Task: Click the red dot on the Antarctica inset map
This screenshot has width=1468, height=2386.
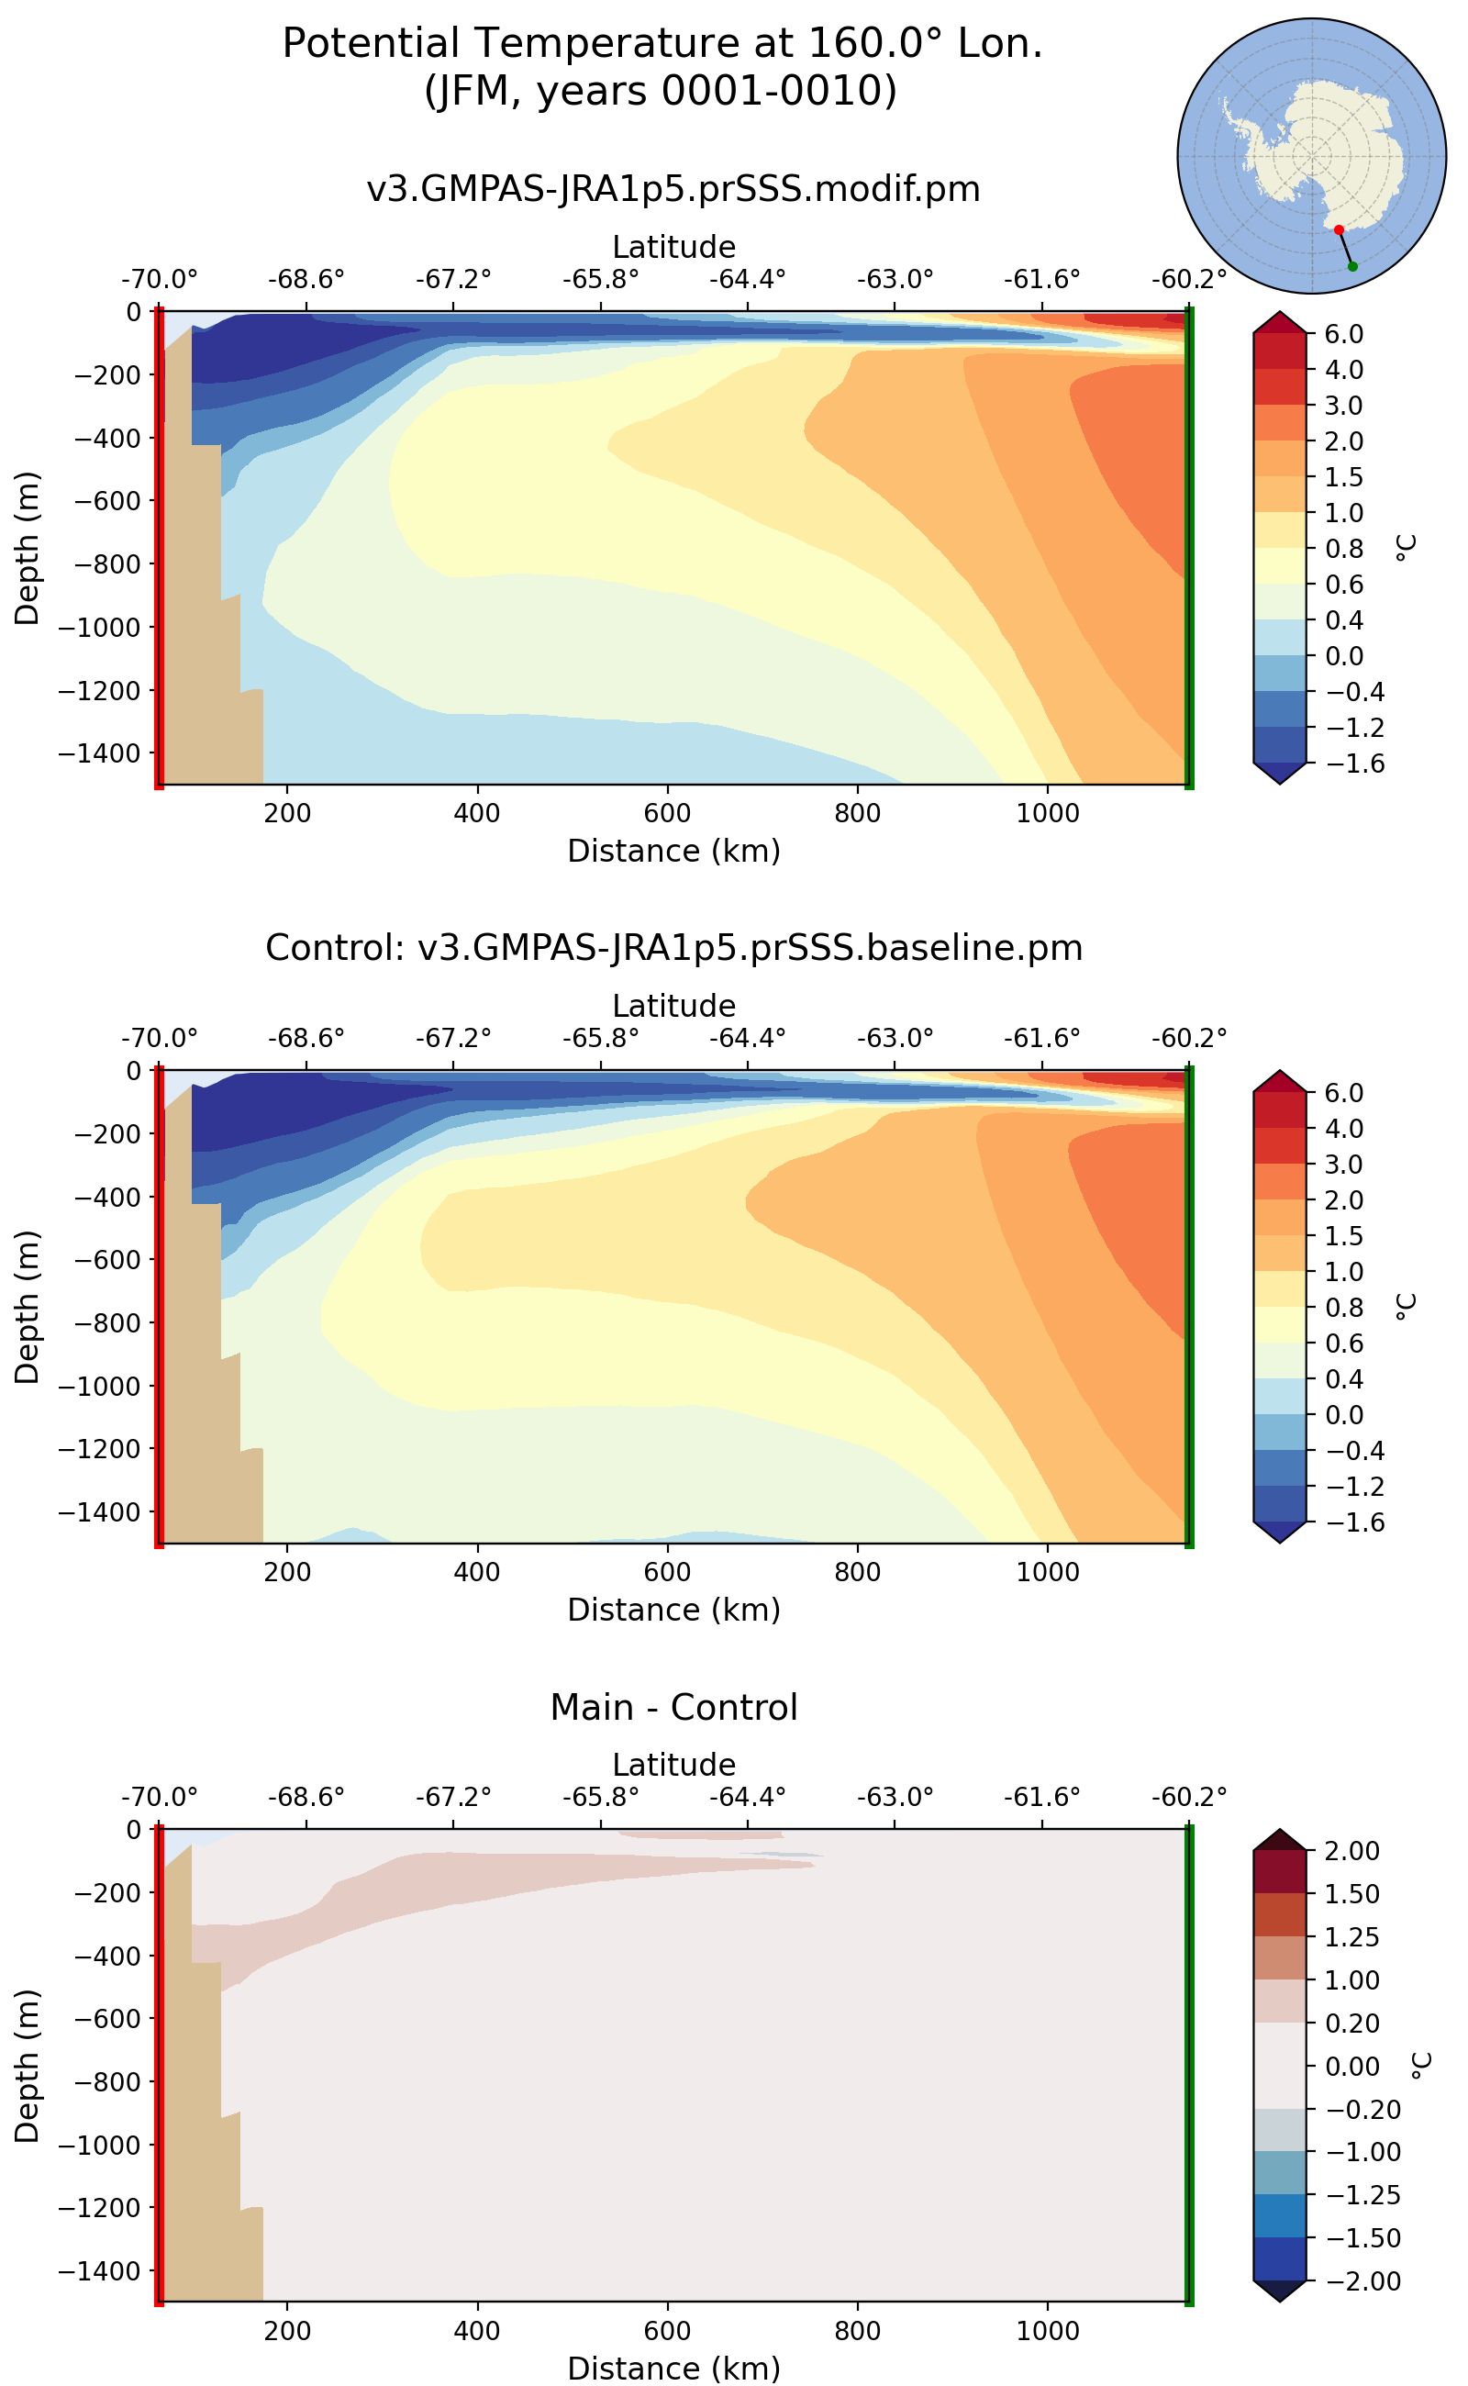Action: coord(1339,230)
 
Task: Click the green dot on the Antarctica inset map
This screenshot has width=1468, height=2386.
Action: coord(1352,266)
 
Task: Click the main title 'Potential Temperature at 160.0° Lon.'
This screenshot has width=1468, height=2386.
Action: coord(662,44)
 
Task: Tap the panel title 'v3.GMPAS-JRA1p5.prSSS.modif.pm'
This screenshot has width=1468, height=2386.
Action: coord(673,188)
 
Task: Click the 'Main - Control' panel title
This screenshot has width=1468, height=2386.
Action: coord(673,1706)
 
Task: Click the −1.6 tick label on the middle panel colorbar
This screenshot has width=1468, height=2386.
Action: coord(1345,1522)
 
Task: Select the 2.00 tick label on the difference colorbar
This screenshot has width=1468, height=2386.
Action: coord(1351,1850)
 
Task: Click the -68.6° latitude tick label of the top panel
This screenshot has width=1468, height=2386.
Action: coord(306,280)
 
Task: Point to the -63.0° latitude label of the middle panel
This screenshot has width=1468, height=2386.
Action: coord(895,1038)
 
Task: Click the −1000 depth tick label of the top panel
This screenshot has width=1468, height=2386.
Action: coord(99,628)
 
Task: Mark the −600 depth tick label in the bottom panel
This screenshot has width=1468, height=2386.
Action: coord(105,2018)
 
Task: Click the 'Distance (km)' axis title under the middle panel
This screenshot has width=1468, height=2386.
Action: coord(673,1609)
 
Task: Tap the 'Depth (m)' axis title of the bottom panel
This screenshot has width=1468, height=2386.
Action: coord(28,2065)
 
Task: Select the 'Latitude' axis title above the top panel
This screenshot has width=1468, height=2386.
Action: coord(673,247)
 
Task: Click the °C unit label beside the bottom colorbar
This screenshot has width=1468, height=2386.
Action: coord(1420,2065)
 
